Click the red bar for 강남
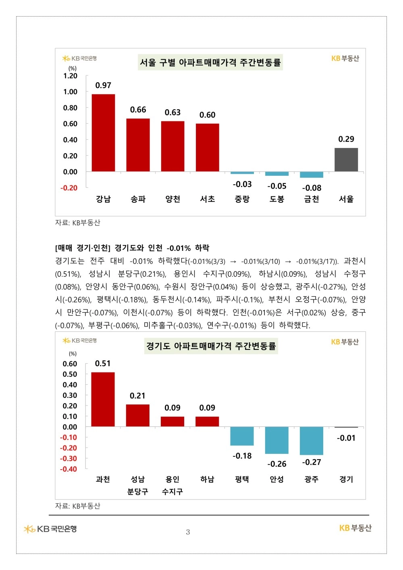(103, 133)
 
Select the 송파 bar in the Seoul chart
(138, 145)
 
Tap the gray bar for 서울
(346, 160)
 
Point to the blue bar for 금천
(312, 175)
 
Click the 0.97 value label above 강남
(103, 85)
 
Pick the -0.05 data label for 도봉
(277, 186)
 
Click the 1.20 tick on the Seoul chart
(70, 76)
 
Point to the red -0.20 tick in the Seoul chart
(69, 188)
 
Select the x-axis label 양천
(173, 199)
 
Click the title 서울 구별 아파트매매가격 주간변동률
(210, 62)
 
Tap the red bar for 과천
(103, 399)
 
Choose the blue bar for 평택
(242, 436)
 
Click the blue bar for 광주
(312, 441)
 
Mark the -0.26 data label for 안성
(277, 464)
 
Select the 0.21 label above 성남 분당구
(137, 396)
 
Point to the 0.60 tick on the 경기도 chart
(70, 364)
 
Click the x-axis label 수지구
(172, 491)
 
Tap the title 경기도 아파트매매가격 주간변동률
(211, 346)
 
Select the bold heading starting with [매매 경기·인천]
(132, 248)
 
